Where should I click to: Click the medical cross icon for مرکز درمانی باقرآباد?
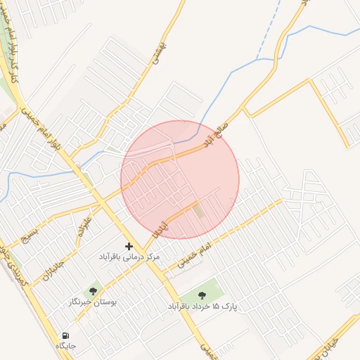pos(129,246)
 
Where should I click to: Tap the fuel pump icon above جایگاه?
pos(66,335)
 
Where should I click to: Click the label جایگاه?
pos(65,346)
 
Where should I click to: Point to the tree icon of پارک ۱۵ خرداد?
pos(202,295)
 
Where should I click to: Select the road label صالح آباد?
pos(216,133)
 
